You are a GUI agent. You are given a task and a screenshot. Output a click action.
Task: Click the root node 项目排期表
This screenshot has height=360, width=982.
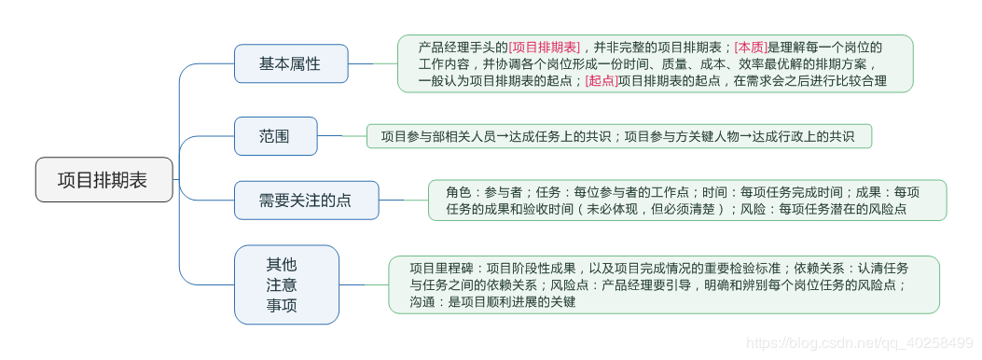(104, 180)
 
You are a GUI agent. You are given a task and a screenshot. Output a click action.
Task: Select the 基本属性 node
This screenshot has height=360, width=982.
(290, 63)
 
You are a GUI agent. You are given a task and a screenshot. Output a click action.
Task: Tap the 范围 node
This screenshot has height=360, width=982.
(274, 136)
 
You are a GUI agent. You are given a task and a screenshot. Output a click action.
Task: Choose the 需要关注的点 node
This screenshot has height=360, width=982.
(306, 200)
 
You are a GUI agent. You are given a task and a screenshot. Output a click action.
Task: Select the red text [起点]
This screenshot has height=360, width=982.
(602, 81)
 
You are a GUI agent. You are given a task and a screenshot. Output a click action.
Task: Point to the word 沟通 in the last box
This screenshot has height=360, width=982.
(422, 302)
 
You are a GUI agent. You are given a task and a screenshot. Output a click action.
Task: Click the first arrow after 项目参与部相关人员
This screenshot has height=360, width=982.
(502, 136)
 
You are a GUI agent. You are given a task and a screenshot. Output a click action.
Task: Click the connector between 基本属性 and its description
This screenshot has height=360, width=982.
(372, 63)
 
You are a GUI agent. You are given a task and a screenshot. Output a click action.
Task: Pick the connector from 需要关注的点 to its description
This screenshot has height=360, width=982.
(403, 200)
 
